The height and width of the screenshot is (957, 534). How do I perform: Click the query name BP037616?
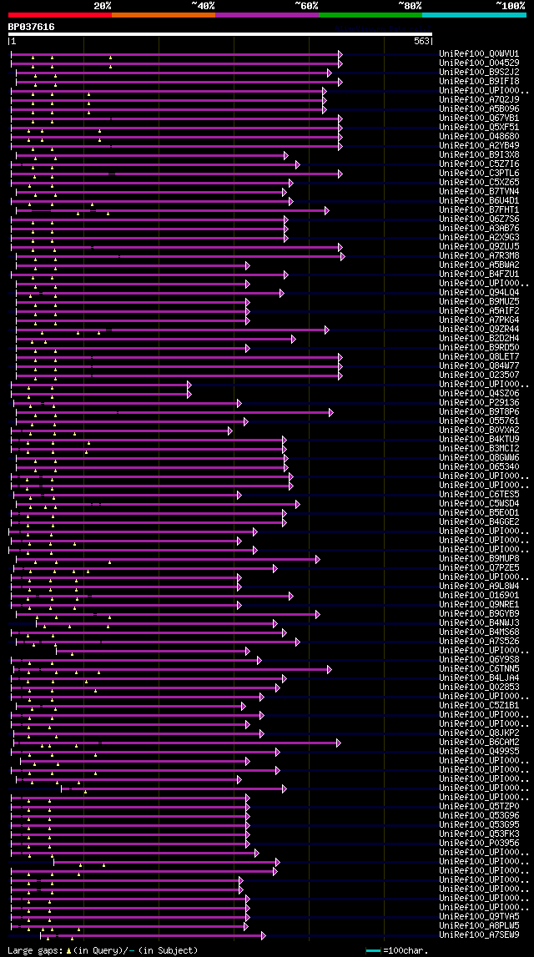pos(31,27)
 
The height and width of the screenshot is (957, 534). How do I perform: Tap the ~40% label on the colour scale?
pos(203,5)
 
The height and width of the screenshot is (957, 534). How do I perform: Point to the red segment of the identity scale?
pos(59,15)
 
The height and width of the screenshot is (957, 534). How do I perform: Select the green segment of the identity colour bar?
pos(370,15)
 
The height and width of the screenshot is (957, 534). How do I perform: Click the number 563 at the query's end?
pos(421,41)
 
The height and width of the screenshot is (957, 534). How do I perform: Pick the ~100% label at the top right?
pos(510,5)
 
